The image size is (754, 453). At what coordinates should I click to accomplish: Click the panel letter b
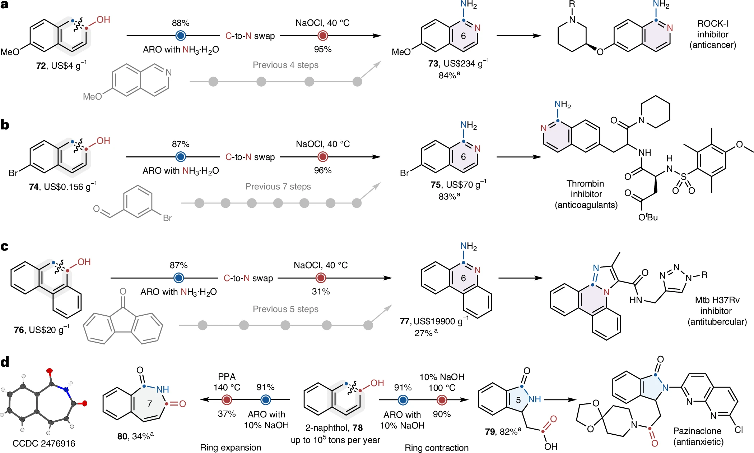click(5, 125)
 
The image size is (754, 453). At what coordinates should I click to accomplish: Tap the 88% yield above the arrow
click(180, 23)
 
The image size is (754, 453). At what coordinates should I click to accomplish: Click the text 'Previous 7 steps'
click(278, 187)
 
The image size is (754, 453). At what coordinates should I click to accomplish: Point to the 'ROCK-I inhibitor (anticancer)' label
click(713, 34)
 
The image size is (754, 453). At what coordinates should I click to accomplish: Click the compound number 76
click(19, 330)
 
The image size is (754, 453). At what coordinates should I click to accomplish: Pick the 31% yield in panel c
click(321, 292)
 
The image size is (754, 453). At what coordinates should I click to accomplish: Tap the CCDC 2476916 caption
click(44, 443)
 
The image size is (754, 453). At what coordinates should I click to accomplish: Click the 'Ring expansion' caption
click(231, 448)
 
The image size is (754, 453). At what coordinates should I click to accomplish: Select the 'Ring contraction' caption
click(437, 448)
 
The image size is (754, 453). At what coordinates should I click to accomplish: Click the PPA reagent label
click(227, 376)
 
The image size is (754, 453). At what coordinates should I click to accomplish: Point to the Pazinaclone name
click(697, 431)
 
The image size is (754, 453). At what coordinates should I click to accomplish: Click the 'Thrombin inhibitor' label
click(586, 189)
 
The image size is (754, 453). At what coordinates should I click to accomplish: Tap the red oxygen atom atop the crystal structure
click(50, 371)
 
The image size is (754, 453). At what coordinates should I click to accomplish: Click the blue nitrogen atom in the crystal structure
click(66, 389)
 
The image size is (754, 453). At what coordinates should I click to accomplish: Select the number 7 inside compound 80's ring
click(150, 403)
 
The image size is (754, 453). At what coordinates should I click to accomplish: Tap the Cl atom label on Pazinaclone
click(739, 430)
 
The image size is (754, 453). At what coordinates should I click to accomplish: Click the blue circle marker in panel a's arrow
click(181, 36)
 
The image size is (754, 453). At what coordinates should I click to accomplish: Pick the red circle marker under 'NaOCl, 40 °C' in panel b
click(323, 157)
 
